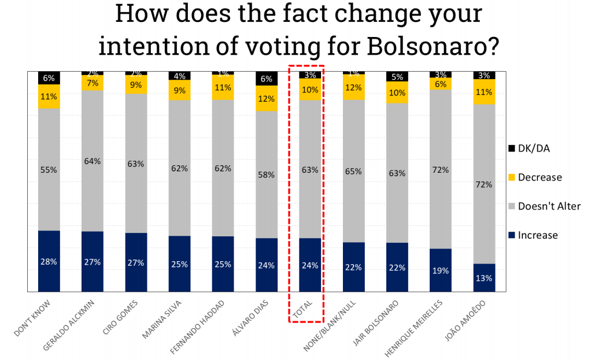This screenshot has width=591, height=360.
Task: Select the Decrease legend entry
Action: coord(540,177)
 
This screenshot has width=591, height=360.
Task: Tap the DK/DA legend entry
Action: coord(534,149)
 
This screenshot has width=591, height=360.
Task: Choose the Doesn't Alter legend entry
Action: coord(549,206)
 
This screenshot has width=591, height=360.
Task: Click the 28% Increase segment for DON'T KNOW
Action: coord(49,261)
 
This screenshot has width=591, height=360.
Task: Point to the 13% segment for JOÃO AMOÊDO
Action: coord(484,278)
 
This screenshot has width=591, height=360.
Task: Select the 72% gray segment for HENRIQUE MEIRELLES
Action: coord(441,169)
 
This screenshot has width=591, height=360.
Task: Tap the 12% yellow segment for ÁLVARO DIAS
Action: coord(267,98)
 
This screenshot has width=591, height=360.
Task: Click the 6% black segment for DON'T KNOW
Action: coord(49,78)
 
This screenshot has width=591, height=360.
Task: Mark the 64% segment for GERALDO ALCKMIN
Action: coord(93,161)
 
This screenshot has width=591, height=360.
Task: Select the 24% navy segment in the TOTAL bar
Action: coord(310,265)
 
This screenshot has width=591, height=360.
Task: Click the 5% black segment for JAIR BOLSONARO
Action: coord(397,77)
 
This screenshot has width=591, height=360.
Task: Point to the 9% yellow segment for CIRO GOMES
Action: coord(136,85)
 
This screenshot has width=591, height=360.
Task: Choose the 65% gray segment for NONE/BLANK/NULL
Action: coord(354,171)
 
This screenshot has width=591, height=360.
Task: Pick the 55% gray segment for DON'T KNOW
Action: coord(49,170)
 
